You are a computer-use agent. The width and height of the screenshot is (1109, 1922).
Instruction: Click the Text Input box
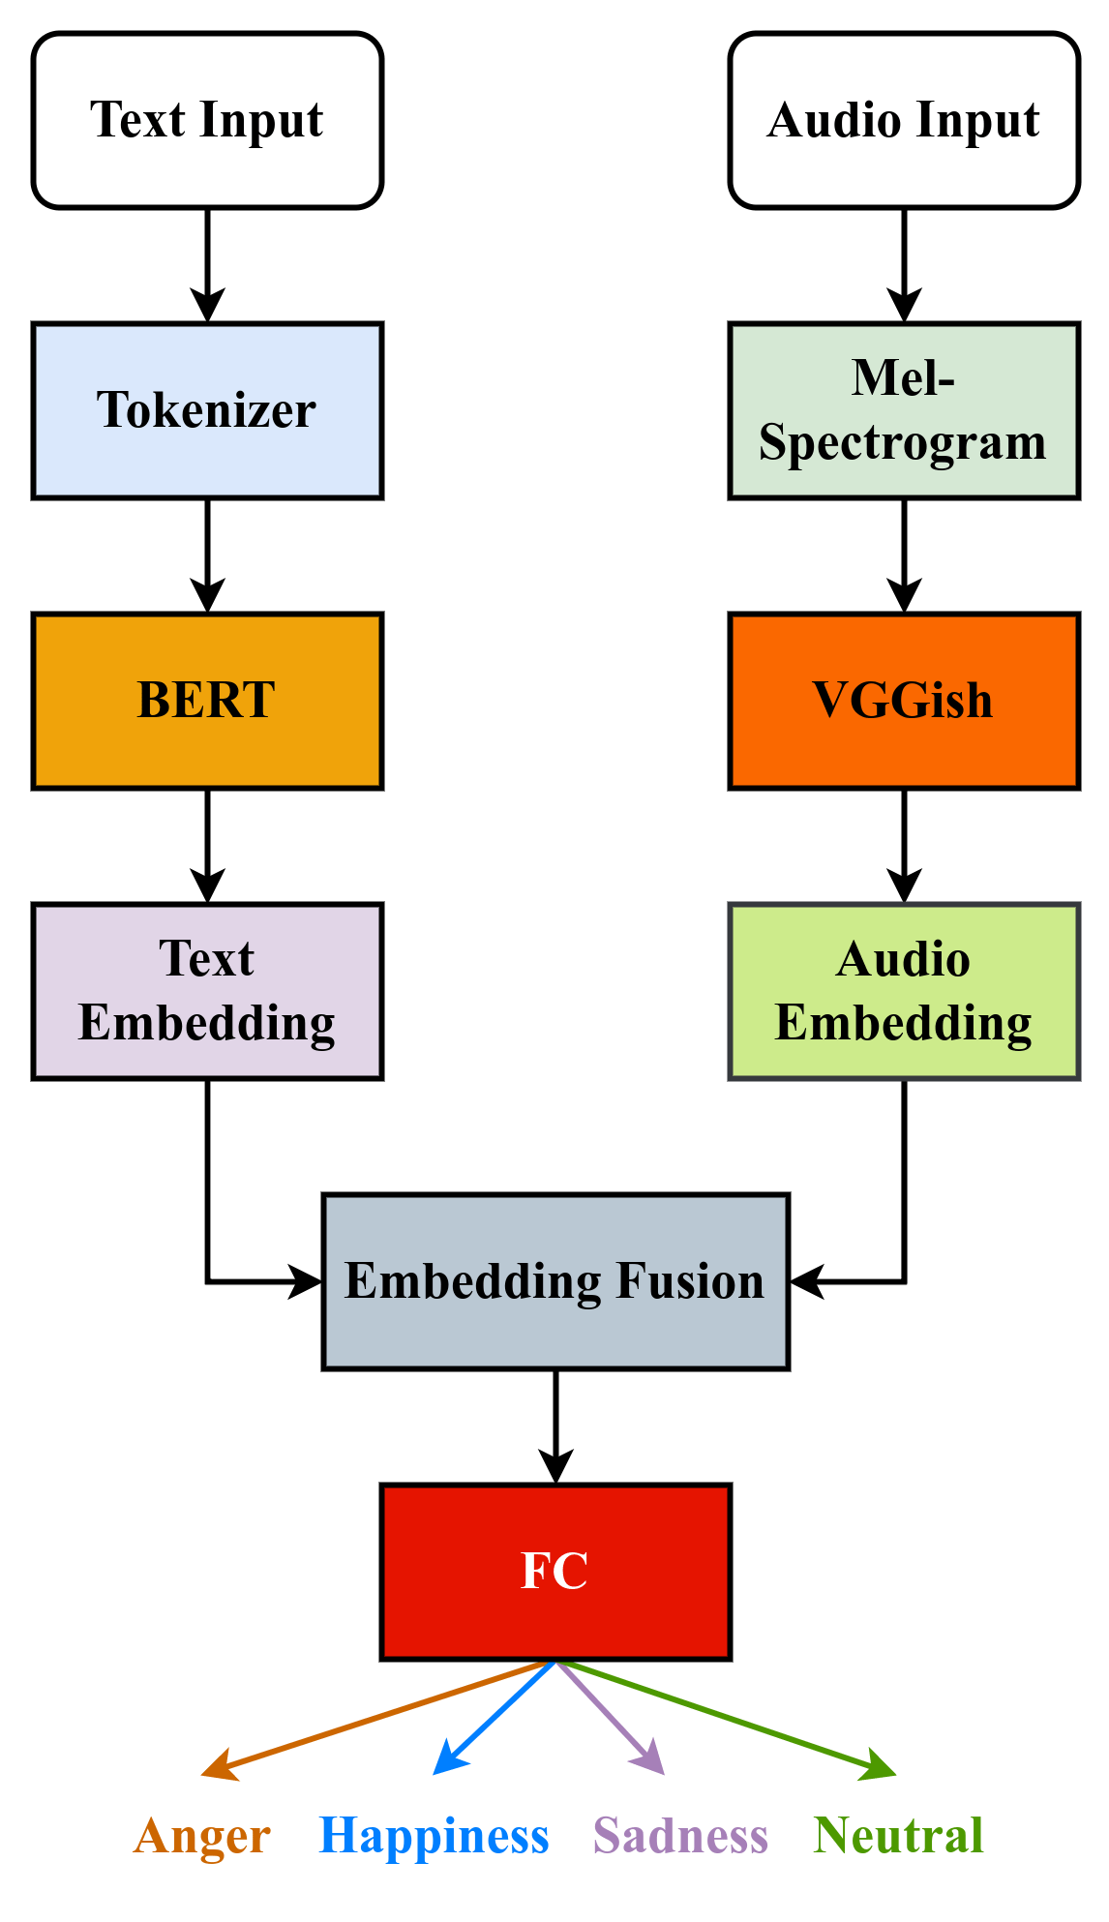pyautogui.click(x=207, y=120)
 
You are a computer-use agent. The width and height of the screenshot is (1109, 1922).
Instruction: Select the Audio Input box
pyautogui.click(x=903, y=120)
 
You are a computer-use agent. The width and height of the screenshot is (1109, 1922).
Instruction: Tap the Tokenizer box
pyautogui.click(x=207, y=410)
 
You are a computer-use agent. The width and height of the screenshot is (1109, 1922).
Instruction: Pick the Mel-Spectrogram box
pyautogui.click(x=903, y=410)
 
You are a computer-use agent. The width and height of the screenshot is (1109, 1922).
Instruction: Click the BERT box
pyautogui.click(x=207, y=701)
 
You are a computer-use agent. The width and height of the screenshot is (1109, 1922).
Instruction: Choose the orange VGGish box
pyautogui.click(x=903, y=701)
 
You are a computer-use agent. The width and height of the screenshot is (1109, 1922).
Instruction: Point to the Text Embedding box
pyautogui.click(x=207, y=991)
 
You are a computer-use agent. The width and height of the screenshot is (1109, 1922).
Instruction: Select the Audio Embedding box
pyautogui.click(x=903, y=991)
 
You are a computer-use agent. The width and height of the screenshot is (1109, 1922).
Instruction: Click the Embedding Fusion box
pyautogui.click(x=555, y=1281)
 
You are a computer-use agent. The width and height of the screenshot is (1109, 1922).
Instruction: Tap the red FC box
pyautogui.click(x=555, y=1572)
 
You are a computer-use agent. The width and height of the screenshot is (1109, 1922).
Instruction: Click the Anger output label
pyautogui.click(x=202, y=1836)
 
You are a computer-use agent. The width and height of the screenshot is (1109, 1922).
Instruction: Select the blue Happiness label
pyautogui.click(x=435, y=1836)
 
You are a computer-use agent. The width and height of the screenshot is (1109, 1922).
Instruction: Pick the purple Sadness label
pyautogui.click(x=680, y=1836)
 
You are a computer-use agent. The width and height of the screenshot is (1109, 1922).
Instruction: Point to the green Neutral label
pyautogui.click(x=899, y=1836)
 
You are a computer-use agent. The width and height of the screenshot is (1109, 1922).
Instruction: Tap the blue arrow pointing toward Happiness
pyautogui.click(x=494, y=1719)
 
